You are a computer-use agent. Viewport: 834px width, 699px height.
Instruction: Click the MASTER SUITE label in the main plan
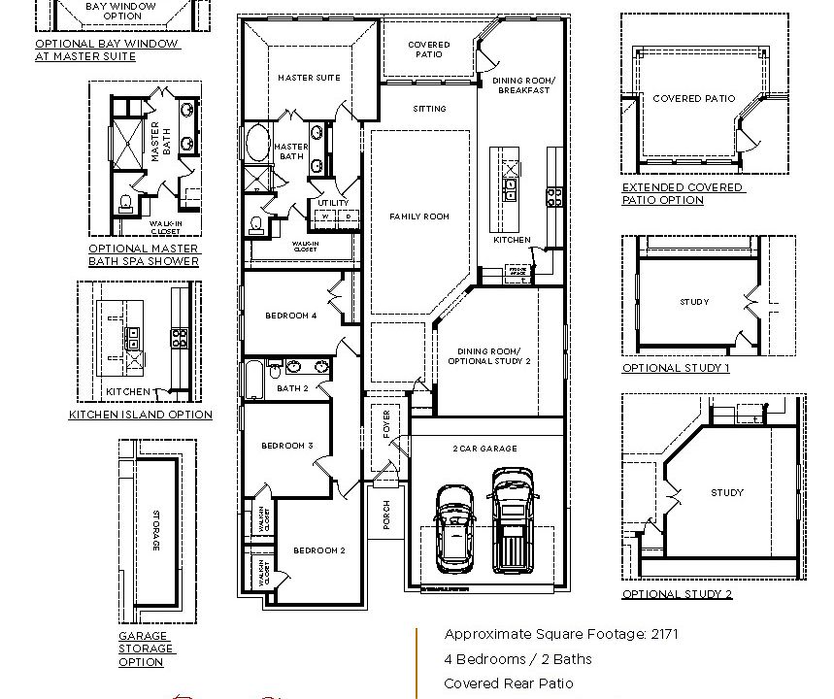click(x=309, y=78)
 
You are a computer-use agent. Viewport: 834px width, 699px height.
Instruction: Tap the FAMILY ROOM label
click(x=419, y=216)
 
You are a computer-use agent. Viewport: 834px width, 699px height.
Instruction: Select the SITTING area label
click(x=429, y=109)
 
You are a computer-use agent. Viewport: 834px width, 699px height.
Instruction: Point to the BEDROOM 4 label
click(x=290, y=316)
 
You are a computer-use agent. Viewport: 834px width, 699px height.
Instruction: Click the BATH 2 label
click(x=291, y=388)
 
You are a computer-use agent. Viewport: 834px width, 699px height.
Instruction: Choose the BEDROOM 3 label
click(x=286, y=446)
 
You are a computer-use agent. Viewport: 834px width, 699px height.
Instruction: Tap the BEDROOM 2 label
click(x=319, y=550)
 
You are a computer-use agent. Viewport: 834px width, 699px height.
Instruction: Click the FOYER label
click(x=386, y=425)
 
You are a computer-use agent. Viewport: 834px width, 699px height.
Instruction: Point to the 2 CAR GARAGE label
click(x=484, y=449)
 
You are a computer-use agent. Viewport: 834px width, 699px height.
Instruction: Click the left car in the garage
click(x=454, y=528)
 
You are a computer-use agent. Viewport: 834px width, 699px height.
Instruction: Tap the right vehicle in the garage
click(x=513, y=519)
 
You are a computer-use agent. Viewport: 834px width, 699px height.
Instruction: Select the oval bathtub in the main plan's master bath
click(x=257, y=145)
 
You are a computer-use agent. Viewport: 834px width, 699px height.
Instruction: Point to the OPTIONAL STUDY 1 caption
click(x=676, y=368)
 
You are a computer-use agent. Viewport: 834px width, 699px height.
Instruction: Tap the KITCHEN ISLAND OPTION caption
click(x=140, y=415)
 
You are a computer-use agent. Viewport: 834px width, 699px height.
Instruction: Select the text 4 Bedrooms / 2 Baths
click(x=517, y=659)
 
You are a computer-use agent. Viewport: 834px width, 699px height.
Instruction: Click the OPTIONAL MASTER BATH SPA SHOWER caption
click(x=144, y=254)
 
